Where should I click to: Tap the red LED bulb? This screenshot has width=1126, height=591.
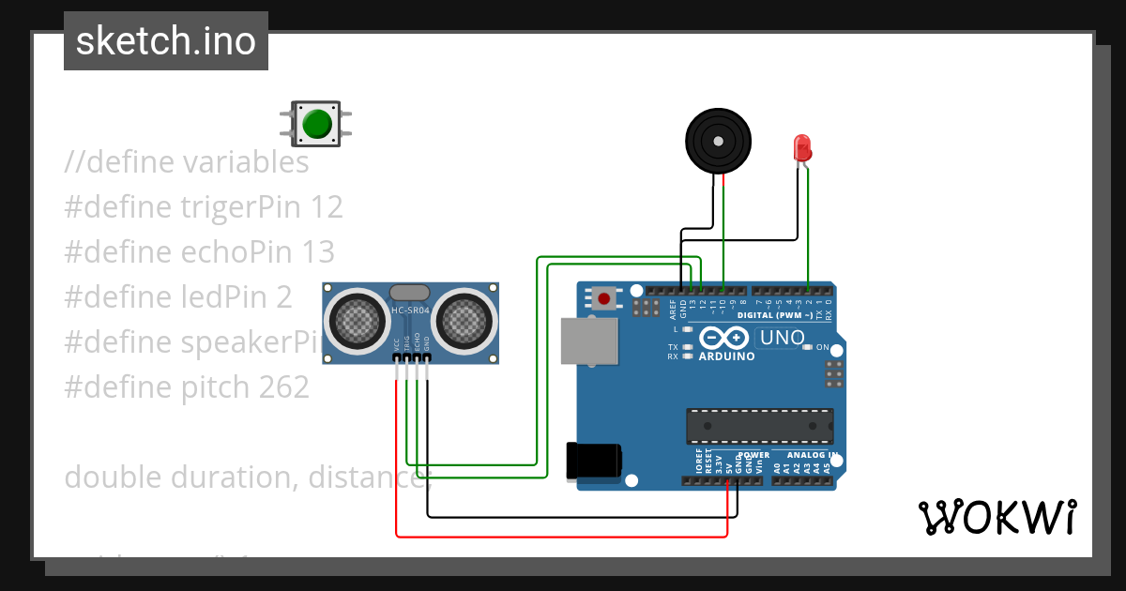(801, 147)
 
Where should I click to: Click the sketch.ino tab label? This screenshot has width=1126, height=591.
(166, 41)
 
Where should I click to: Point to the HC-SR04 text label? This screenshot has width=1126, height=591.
(409, 311)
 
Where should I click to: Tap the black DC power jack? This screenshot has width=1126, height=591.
(593, 461)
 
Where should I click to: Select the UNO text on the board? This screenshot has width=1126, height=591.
(782, 338)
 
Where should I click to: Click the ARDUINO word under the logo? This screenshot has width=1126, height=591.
(726, 356)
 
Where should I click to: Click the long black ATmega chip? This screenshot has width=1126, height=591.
(759, 425)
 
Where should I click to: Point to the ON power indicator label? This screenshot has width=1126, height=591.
(822, 347)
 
